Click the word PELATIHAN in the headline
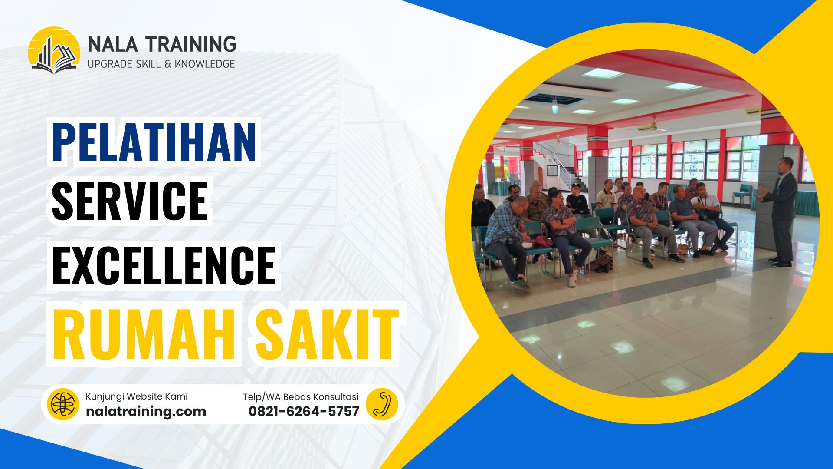pos(154,142)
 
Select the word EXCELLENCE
pos(164,265)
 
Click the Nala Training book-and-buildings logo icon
pos(54,50)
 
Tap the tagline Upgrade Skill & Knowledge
pos(161,64)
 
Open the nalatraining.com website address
pos(146,411)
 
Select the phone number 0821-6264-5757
pos(304,411)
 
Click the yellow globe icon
pos(63,404)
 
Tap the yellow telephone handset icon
pos(381,404)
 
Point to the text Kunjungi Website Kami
pos(137,396)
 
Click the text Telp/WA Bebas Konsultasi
pos(301,397)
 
